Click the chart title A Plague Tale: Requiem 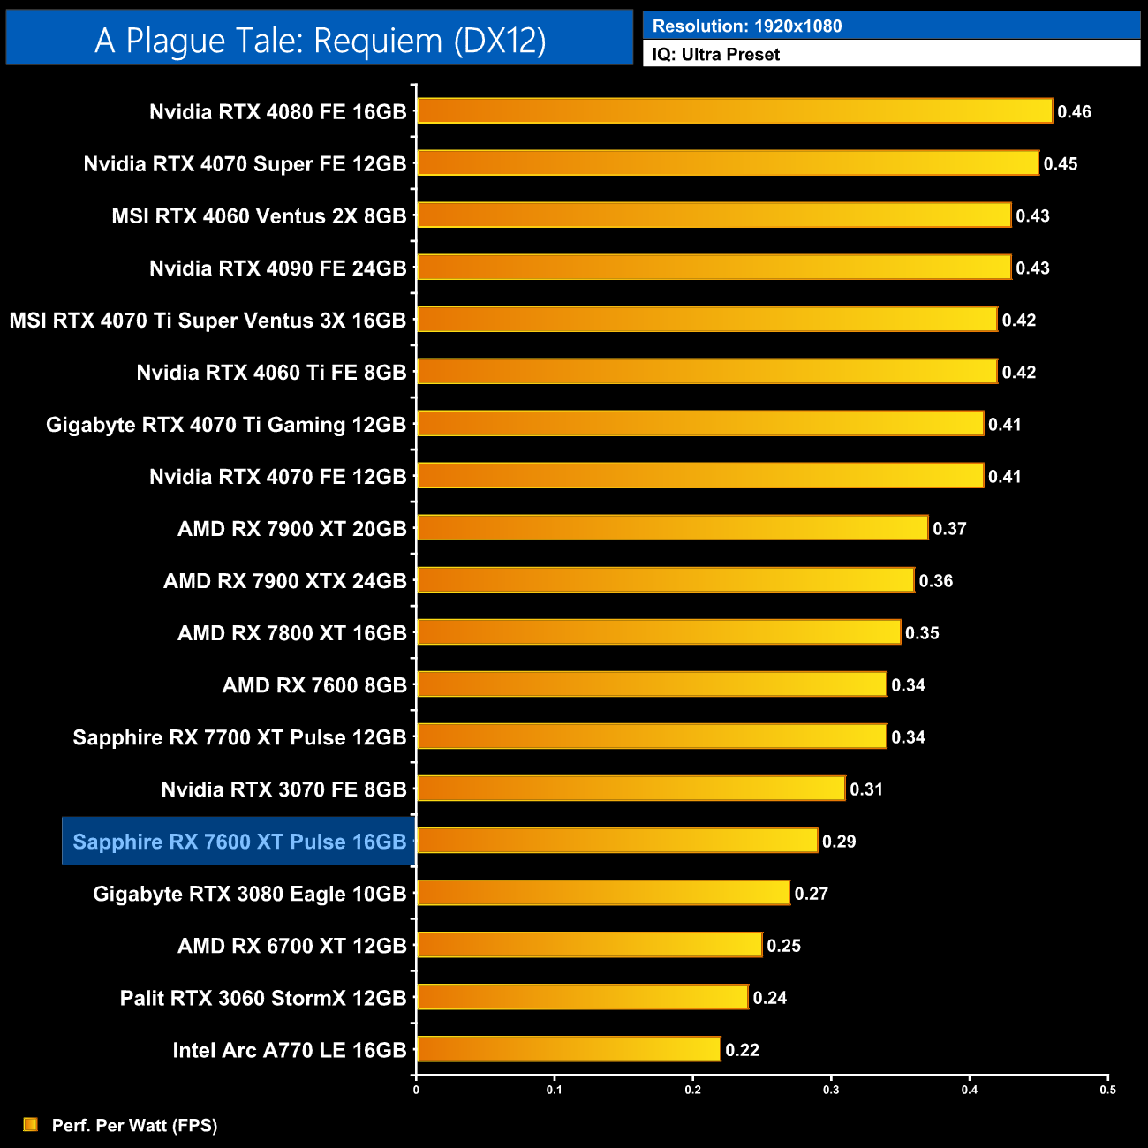(x=320, y=41)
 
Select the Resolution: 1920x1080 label (x=746, y=26)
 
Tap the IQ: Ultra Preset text (x=715, y=55)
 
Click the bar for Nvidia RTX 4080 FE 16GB (x=734, y=111)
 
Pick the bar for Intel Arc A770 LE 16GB (x=568, y=1049)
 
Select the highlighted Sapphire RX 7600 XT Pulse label (x=238, y=842)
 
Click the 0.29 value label (x=839, y=842)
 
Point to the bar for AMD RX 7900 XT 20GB (x=672, y=528)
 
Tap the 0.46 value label (x=1074, y=112)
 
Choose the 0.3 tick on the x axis (x=831, y=1090)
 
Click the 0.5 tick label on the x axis (x=1107, y=1090)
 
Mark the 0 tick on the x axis (x=416, y=1090)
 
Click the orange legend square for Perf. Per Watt (x=31, y=1124)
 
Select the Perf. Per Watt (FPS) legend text (x=134, y=1125)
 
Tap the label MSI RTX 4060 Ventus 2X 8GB (x=259, y=216)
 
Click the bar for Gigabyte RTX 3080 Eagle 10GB (x=602, y=893)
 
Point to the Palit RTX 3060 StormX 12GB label (x=262, y=998)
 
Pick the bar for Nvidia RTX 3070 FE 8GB (x=631, y=789)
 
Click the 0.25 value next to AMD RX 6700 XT (x=783, y=946)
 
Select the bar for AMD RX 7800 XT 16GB (x=658, y=632)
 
